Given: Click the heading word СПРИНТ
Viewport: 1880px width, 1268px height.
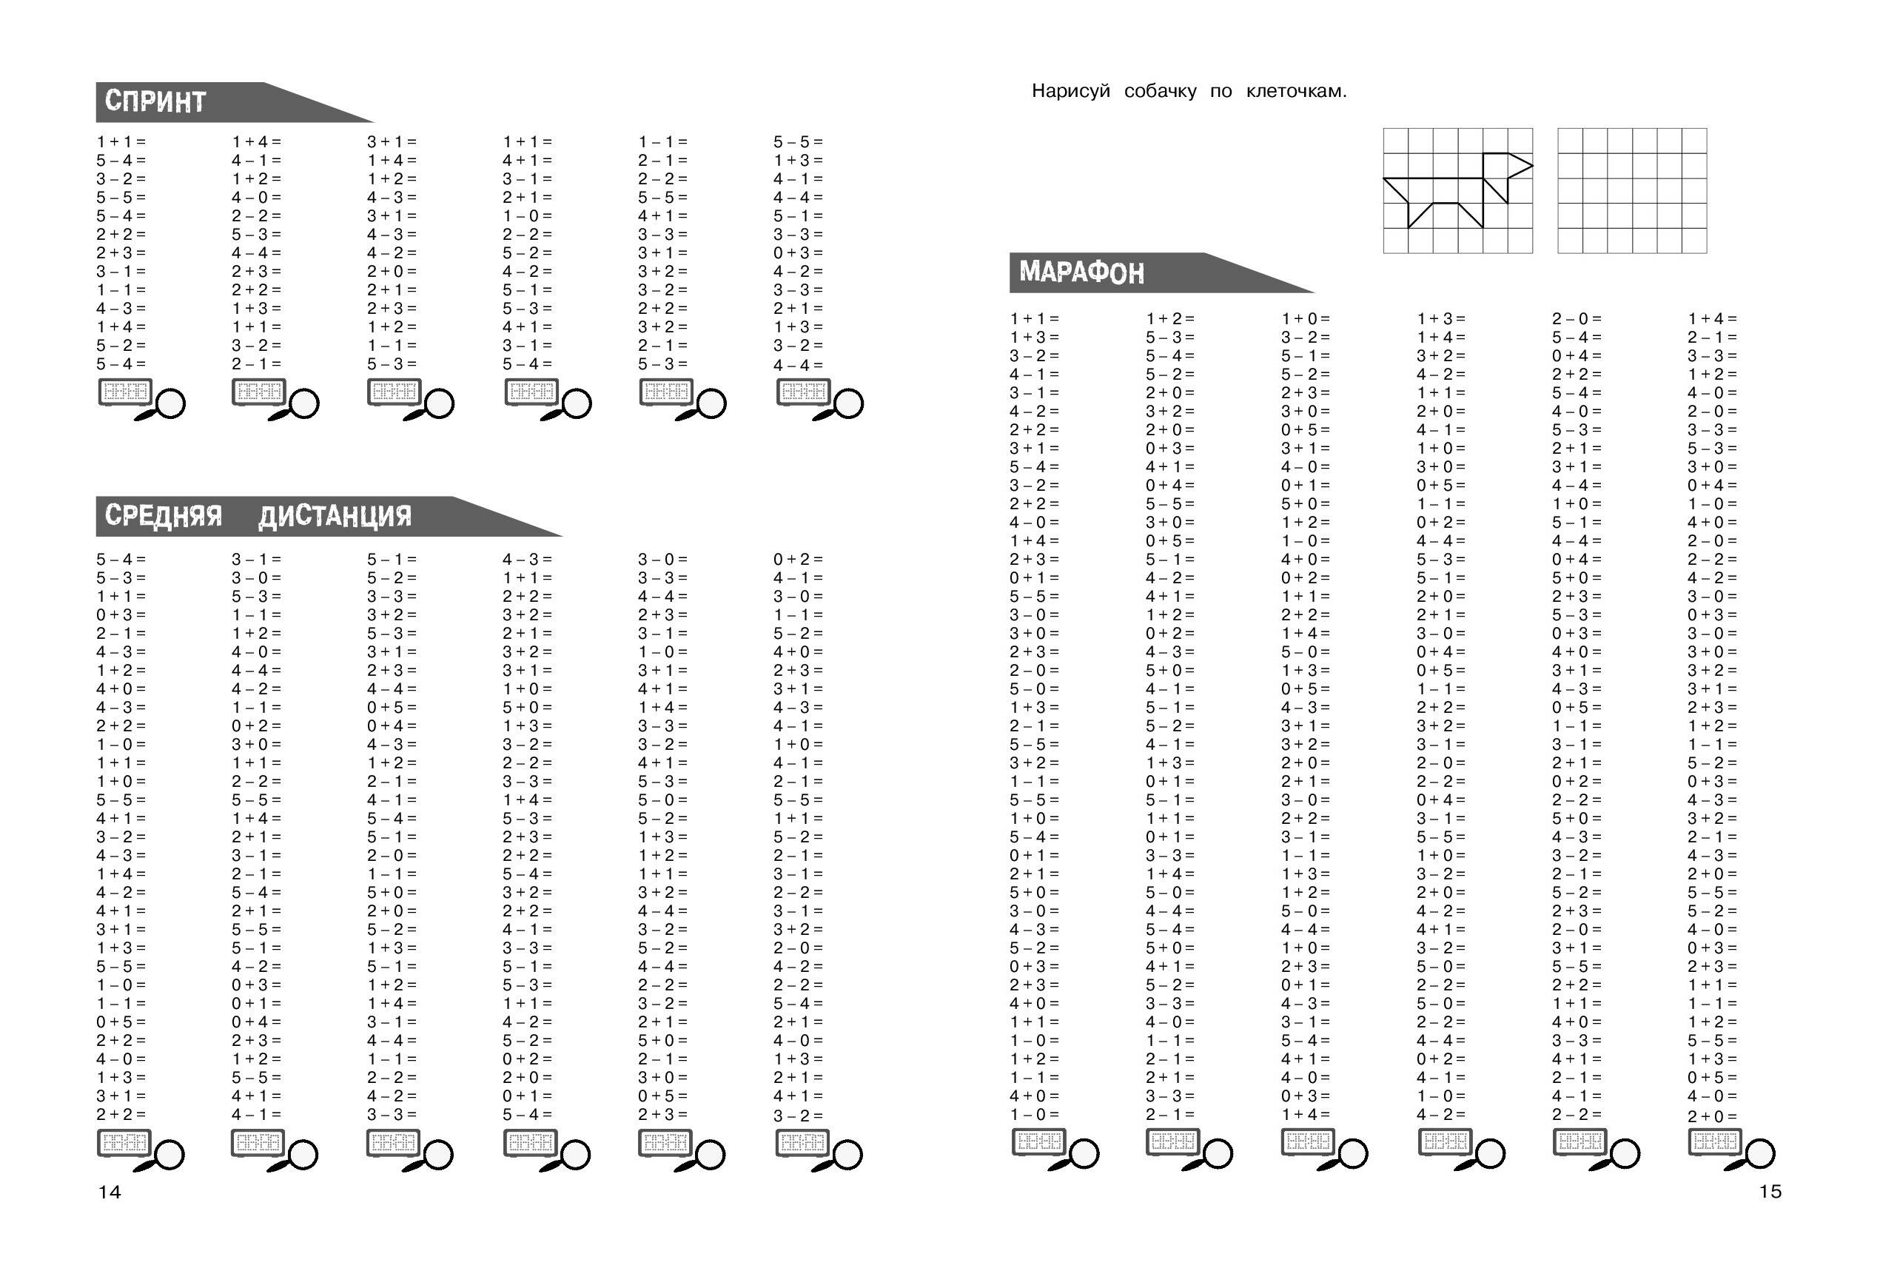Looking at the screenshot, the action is pyautogui.click(x=155, y=102).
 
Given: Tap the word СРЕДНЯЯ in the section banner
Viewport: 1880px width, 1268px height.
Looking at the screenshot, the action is pyautogui.click(x=164, y=516).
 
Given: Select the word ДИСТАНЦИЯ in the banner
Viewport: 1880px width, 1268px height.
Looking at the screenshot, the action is pyautogui.click(x=335, y=516).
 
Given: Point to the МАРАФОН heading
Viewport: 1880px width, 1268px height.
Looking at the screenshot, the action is pyautogui.click(x=1081, y=272).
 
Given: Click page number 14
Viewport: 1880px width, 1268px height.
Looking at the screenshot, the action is pyautogui.click(x=109, y=1192).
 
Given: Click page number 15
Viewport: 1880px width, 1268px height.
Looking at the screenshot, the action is pyautogui.click(x=1770, y=1191).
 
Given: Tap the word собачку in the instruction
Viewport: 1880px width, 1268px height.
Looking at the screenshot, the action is pyautogui.click(x=1160, y=91).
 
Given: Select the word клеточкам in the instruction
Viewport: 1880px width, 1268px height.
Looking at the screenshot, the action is pyautogui.click(x=1296, y=91).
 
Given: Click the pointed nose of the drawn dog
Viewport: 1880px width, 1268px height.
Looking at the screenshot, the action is pyautogui.click(x=1532, y=166).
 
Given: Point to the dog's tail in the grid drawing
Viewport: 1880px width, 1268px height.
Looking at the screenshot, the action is pyautogui.click(x=1395, y=190).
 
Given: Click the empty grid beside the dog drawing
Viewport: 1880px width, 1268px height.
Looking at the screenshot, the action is pyautogui.click(x=1632, y=190).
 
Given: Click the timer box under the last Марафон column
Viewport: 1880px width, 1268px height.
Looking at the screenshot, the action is pyautogui.click(x=1715, y=1142).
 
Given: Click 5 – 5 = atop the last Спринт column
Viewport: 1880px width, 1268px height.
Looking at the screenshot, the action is pyautogui.click(x=798, y=142).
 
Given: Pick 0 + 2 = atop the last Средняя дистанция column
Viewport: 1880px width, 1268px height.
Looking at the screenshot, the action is pyautogui.click(x=798, y=560).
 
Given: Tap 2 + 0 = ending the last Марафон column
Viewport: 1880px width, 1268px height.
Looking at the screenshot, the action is pyautogui.click(x=1713, y=1117).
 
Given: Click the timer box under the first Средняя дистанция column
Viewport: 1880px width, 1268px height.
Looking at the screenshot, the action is pyautogui.click(x=124, y=1143).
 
